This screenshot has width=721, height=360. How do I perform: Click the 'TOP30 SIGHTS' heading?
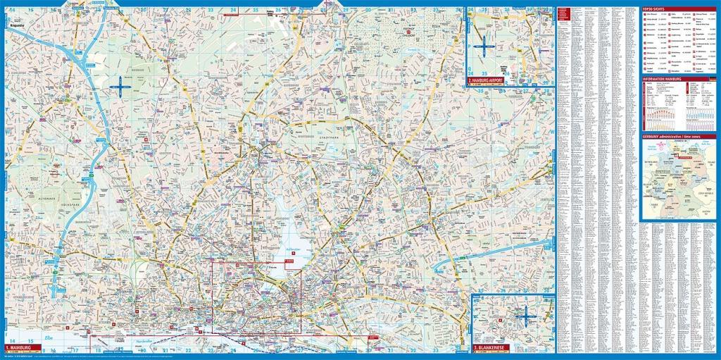pyautogui.click(x=657, y=8)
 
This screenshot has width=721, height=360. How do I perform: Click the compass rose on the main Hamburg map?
pyautogui.click(x=121, y=87)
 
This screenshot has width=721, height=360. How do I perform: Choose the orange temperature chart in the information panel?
pyautogui.click(x=658, y=113)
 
